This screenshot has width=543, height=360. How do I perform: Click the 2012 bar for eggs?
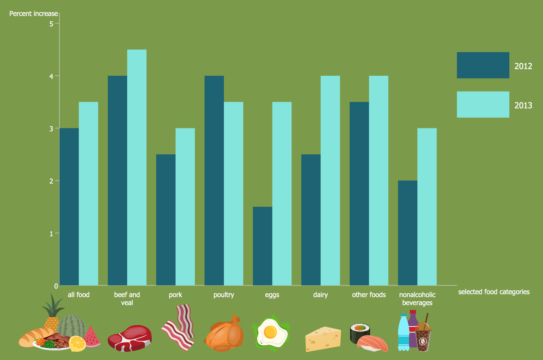pos(262,246)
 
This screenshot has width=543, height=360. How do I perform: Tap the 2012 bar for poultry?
pos(214,181)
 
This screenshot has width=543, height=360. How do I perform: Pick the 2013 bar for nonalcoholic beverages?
pos(427,207)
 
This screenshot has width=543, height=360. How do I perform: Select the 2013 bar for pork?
pos(185,207)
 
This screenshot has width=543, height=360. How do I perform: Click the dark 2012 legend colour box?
pos(483,65)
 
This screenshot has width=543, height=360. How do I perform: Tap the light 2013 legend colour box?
pos(483,104)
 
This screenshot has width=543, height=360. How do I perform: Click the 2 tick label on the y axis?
pos(51,181)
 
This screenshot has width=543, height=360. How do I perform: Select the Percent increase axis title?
pos(33,14)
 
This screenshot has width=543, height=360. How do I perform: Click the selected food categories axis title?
pos(493,292)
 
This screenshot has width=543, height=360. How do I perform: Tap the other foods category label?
pos(369,295)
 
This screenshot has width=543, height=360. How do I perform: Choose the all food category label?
pos(79,295)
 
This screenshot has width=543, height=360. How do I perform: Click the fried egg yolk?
pos(270,332)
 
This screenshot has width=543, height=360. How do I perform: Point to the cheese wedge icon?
pos(323,339)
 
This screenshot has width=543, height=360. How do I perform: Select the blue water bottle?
pos(403,333)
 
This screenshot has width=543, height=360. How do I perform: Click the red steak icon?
pos(130,338)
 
